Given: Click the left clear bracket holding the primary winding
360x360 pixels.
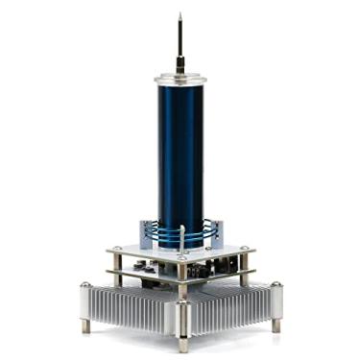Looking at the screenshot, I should (144, 230).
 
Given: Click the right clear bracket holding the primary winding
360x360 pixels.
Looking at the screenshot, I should (217, 231).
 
